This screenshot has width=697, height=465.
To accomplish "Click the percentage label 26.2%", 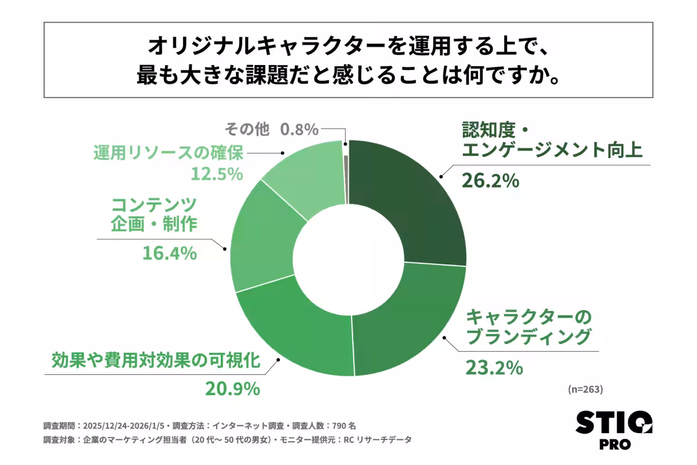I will pos(489,181).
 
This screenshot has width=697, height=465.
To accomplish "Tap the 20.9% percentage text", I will pos(232,389).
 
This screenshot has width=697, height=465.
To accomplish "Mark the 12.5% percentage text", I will pos(216,174).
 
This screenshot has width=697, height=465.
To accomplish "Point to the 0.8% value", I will pos(300,128).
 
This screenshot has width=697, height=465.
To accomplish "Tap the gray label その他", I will pos(247,128).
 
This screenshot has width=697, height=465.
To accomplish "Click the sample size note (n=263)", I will pos(586,389).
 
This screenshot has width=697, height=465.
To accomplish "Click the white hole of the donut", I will pos(348,258).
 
